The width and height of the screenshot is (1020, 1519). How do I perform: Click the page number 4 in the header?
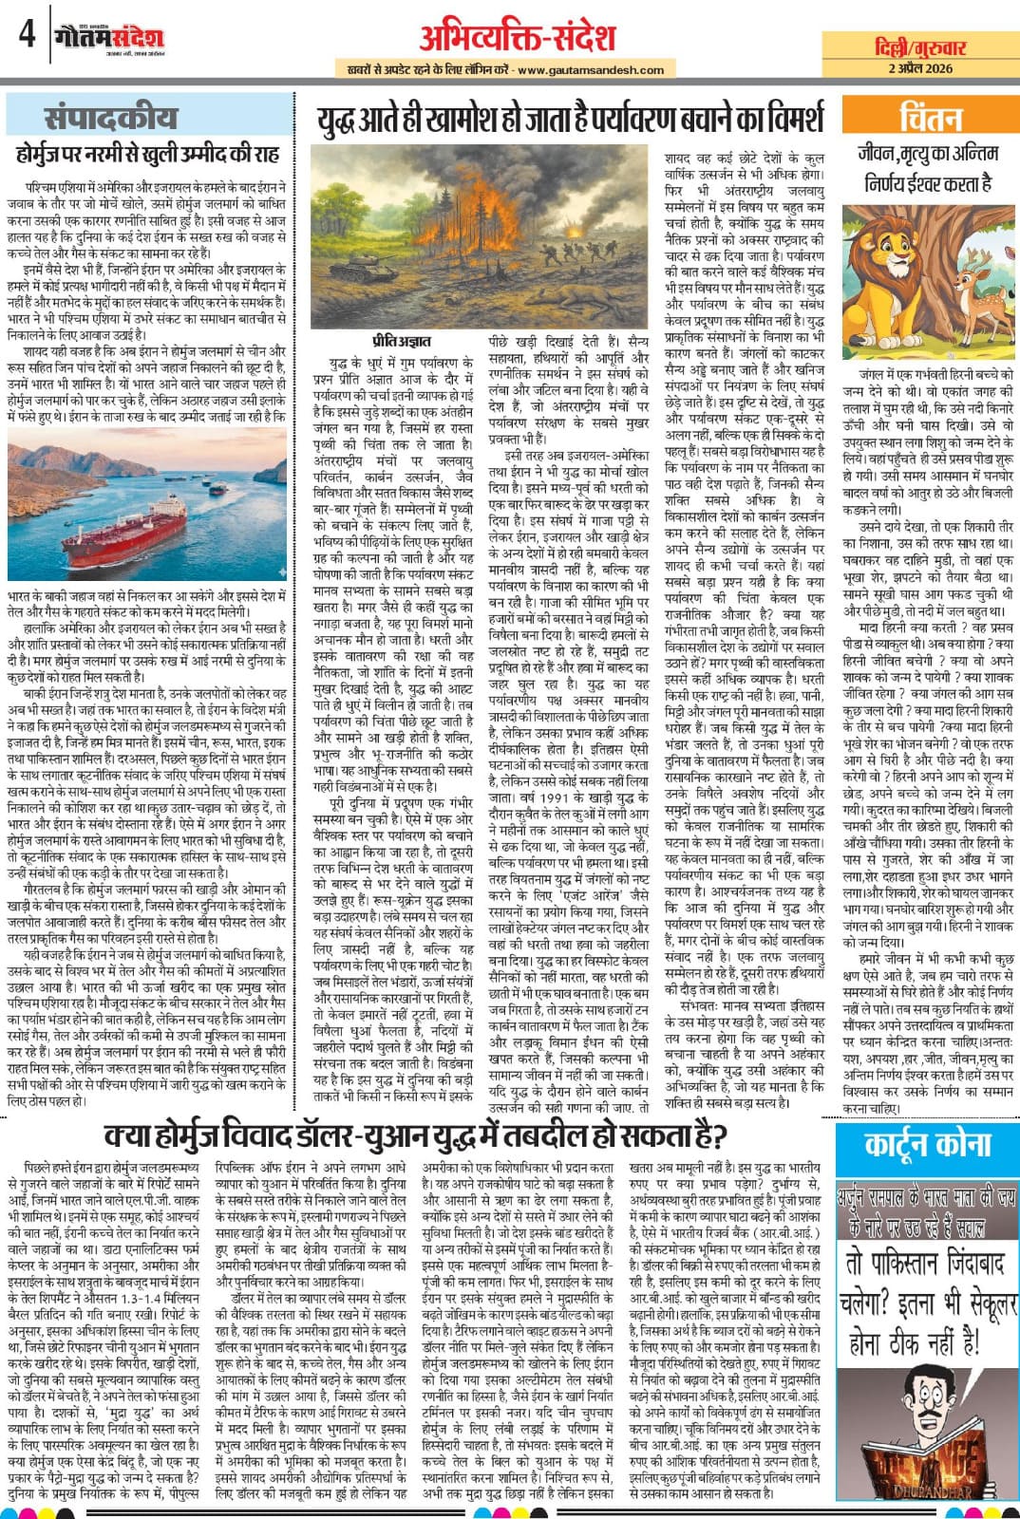click(x=27, y=35)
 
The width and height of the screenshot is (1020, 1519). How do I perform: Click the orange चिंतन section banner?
click(x=930, y=118)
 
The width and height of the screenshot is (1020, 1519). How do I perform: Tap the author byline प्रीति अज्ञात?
click(x=401, y=341)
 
